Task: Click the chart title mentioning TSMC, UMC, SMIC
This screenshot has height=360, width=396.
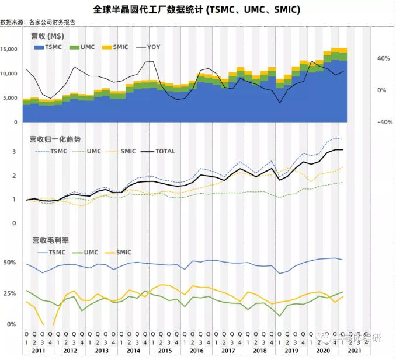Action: [197, 11]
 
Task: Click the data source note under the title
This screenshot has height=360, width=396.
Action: [38, 22]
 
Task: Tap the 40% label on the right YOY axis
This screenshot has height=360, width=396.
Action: [384, 59]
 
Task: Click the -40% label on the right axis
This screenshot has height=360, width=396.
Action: [383, 123]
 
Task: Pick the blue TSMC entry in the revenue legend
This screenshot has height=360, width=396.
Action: [47, 47]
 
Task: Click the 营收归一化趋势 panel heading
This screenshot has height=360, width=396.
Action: [55, 140]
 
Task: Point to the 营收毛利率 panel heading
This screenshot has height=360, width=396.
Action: [48, 240]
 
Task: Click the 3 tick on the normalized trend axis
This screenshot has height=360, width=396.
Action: [14, 152]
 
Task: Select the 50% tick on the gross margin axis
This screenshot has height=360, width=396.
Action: [10, 263]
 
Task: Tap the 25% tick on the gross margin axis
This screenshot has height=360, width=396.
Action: [10, 293]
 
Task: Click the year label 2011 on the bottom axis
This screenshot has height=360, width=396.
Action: [39, 351]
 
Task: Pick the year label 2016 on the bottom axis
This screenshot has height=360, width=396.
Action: [196, 351]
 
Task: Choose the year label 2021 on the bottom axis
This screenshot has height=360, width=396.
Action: [354, 351]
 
